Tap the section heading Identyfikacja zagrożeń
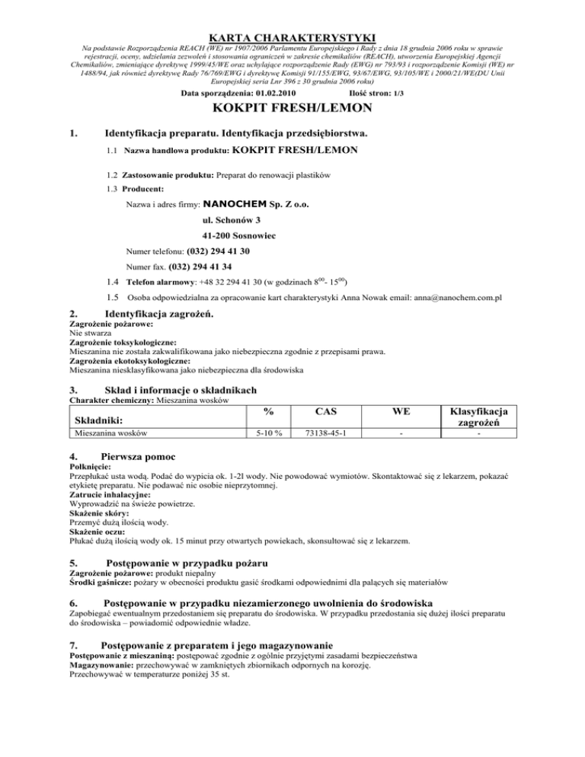(x=159, y=314)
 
